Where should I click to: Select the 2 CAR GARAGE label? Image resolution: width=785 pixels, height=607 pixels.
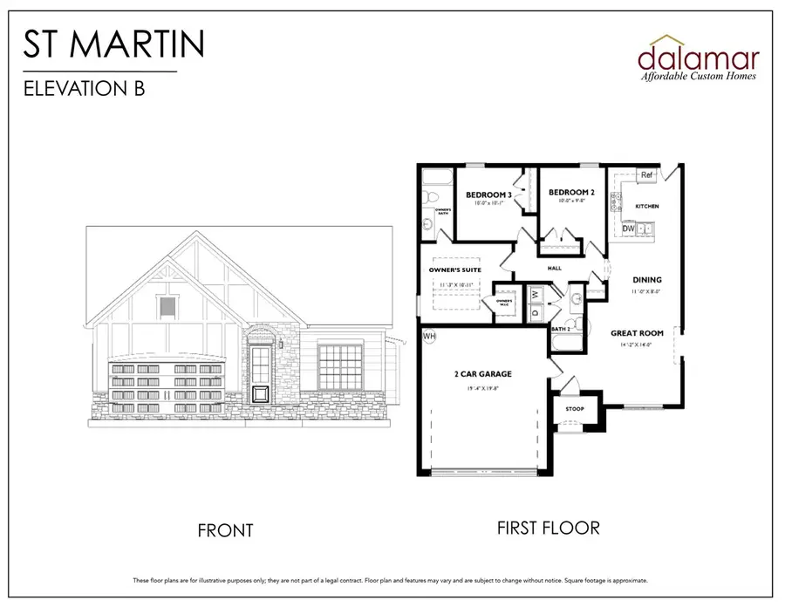coord(482,374)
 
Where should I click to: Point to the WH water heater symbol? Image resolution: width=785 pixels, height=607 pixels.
coord(429,335)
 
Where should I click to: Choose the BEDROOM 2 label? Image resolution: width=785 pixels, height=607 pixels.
coord(571,192)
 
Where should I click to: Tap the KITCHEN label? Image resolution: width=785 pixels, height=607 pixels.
coord(646,206)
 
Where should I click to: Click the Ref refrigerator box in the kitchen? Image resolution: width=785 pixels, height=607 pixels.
coord(646,175)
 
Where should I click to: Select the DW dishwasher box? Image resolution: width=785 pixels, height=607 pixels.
coord(628,228)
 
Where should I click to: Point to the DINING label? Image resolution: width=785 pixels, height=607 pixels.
coord(646,280)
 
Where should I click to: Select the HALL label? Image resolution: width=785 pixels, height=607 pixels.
coord(554,269)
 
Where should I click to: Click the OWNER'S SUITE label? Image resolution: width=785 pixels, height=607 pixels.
coord(450,270)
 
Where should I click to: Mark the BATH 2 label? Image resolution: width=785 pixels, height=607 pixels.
coord(561,329)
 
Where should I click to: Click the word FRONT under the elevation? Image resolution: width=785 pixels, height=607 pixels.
coord(225,530)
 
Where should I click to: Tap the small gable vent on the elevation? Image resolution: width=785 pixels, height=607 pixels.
coord(167,307)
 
